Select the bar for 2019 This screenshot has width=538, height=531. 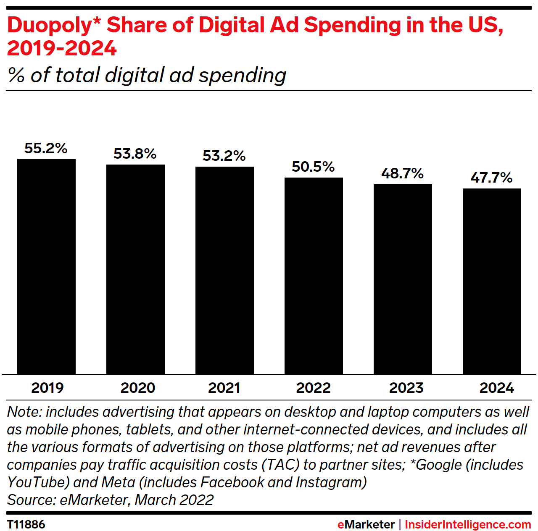pos(46,267)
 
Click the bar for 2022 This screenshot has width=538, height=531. pos(314,276)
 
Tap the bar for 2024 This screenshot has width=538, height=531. pos(492,281)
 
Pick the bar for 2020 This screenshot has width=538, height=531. pos(135,269)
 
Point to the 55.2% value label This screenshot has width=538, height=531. pos(46,148)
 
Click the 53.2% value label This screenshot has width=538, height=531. pos(224,156)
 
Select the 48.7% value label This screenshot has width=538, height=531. pos(402,173)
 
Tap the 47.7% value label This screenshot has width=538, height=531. pos(491,178)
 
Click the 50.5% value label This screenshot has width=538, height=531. pos(313,167)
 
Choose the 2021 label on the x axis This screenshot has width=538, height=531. pos(224,388)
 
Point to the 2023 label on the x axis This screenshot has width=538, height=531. pos(406,388)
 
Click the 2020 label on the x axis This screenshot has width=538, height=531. pos(138,388)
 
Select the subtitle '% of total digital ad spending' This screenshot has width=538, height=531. pos(147,76)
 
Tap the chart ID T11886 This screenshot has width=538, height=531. pos(26,524)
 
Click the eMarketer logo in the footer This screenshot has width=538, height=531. pos(366,524)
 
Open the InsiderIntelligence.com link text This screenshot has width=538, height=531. pos(468,524)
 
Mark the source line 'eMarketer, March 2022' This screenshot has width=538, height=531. pos(137,500)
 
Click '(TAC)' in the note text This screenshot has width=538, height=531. pos(280,465)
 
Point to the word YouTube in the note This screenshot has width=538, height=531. pos(38,482)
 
